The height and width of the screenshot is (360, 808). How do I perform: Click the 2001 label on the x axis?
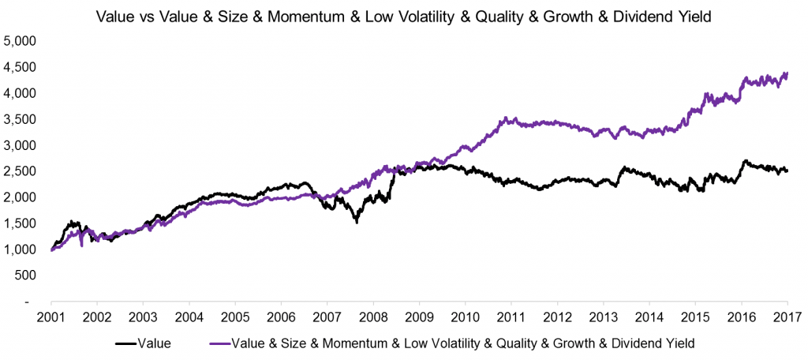[50, 317]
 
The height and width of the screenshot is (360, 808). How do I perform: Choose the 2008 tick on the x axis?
[372, 317]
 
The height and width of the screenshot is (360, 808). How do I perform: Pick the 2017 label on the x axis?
[787, 317]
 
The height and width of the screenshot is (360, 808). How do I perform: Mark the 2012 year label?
[556, 317]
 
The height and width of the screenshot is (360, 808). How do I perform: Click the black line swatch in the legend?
[125, 343]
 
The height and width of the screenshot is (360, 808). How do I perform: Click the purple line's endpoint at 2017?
[787, 73]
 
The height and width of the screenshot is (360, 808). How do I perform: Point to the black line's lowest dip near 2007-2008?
[357, 222]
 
